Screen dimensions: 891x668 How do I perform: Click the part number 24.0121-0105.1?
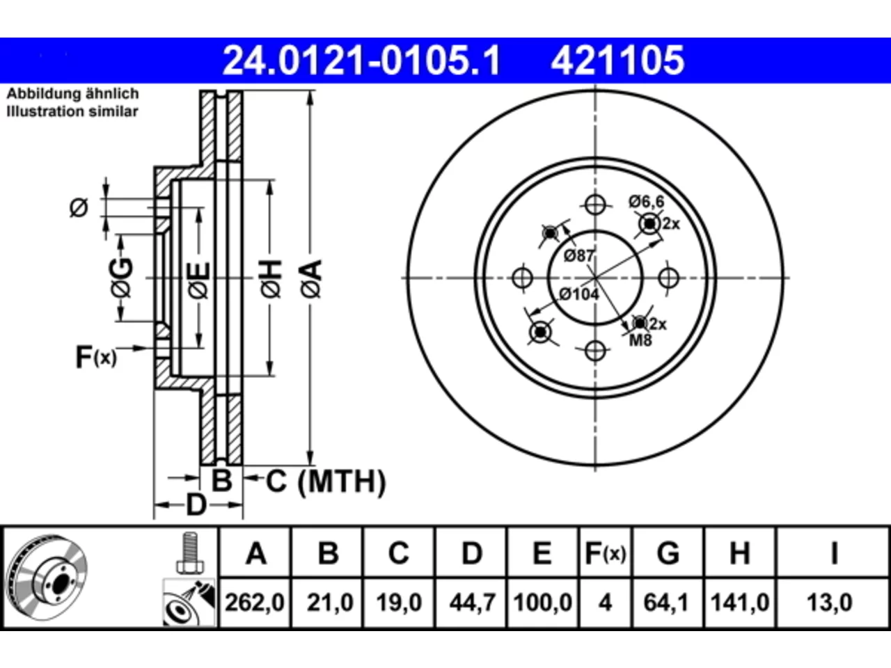click(361, 61)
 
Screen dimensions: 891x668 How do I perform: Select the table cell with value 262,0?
click(255, 603)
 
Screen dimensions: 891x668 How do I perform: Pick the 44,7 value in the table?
click(472, 603)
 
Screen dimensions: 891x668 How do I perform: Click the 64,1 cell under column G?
click(666, 603)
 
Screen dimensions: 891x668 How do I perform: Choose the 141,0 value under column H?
click(740, 603)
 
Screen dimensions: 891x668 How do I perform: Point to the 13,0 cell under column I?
click(829, 603)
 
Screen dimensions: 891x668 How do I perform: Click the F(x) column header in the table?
click(605, 553)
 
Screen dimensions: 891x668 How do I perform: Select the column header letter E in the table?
click(542, 553)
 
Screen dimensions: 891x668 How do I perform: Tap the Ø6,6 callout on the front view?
click(647, 202)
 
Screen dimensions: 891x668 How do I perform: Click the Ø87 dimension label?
click(579, 256)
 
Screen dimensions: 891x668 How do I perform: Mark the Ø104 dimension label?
click(579, 294)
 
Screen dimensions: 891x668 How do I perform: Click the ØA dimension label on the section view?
click(312, 280)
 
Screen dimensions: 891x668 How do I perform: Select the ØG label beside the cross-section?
click(121, 278)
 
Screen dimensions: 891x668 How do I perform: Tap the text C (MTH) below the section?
click(326, 482)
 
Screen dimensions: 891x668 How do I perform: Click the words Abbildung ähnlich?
click(72, 94)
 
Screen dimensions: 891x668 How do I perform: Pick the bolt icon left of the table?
click(190, 553)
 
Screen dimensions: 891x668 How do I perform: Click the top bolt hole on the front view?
click(595, 205)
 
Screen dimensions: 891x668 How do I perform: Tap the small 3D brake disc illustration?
click(47, 577)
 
